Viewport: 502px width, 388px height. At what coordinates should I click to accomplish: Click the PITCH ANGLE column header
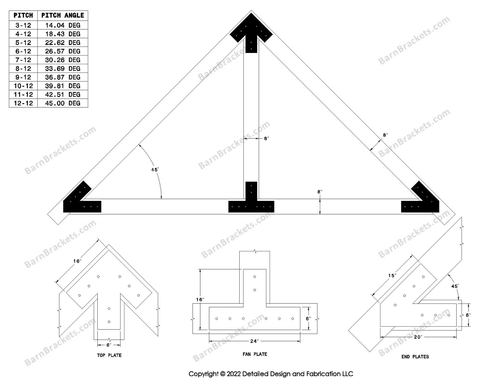[62, 15]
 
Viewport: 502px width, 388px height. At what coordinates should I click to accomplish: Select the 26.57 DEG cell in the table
[62, 51]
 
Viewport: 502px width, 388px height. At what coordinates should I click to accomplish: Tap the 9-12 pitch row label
[23, 77]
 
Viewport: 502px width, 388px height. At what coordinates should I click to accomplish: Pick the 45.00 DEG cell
[62, 103]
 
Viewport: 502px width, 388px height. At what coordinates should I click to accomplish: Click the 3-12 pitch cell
[23, 25]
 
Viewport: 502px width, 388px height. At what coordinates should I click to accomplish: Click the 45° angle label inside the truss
[155, 170]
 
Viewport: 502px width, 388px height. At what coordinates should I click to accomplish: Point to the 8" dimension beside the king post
[266, 138]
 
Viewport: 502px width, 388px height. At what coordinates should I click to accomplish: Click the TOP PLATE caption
[109, 355]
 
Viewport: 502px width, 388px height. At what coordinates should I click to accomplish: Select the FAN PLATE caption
[255, 354]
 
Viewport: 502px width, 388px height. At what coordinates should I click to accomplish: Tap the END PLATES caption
[415, 357]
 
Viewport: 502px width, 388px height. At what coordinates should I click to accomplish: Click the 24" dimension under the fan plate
[254, 341]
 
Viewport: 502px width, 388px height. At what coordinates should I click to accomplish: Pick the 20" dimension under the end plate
[417, 337]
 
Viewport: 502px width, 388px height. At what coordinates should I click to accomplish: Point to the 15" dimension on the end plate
[392, 276]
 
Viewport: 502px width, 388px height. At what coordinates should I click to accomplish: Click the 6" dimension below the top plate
[109, 345]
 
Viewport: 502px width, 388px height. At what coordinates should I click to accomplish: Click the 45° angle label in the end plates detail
[455, 286]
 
